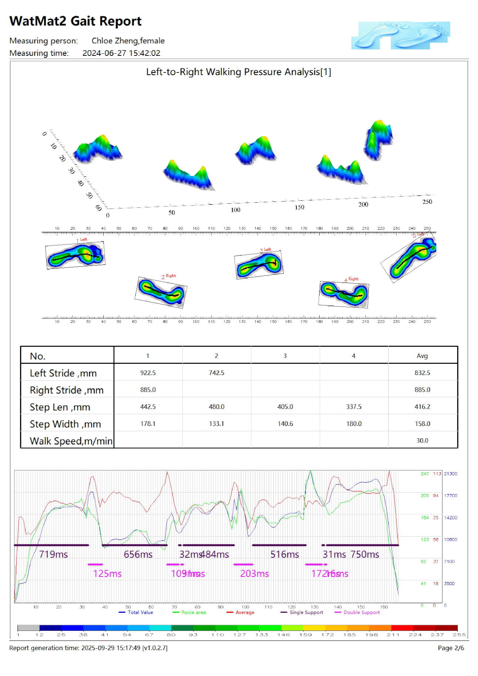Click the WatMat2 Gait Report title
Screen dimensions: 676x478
click(75, 21)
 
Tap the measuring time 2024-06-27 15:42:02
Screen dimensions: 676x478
click(121, 53)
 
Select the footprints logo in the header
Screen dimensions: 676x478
click(401, 35)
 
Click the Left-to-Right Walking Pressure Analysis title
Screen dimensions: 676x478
click(239, 72)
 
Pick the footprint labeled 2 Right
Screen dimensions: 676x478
click(161, 292)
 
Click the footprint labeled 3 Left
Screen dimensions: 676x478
click(259, 265)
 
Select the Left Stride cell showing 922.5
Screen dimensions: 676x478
click(148, 373)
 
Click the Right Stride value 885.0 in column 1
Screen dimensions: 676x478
click(148, 390)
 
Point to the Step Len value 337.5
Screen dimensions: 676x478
click(354, 407)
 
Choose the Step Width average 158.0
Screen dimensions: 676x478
click(422, 424)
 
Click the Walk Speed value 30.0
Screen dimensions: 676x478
click(422, 440)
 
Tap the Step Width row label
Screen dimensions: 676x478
click(65, 424)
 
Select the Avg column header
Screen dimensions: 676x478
click(422, 356)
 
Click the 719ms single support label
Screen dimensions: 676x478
click(54, 554)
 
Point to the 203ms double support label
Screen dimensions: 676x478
click(255, 574)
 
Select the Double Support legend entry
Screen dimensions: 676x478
click(361, 612)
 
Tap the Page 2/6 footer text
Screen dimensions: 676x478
click(451, 648)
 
